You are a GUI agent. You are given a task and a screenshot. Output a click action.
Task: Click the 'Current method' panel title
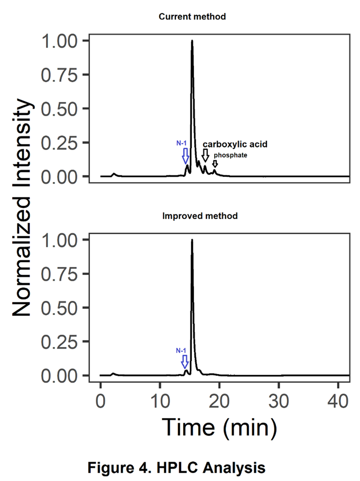tap(192, 17)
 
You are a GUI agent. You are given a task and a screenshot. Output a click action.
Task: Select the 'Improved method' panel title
tap(200, 216)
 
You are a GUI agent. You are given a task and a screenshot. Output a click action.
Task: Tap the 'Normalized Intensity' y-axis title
tap(23, 208)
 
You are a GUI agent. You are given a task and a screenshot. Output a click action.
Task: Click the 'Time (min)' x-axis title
tap(219, 427)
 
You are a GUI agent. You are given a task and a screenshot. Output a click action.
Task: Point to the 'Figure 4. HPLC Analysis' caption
tap(176, 468)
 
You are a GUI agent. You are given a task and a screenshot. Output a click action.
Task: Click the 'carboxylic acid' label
tap(235, 144)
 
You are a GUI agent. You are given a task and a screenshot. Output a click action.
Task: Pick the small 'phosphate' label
tap(231, 155)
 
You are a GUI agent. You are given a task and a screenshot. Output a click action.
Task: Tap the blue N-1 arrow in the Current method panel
tap(185, 155)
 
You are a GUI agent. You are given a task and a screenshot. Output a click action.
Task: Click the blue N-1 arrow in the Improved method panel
tap(185, 361)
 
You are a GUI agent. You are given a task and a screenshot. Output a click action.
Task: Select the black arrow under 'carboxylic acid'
tap(205, 155)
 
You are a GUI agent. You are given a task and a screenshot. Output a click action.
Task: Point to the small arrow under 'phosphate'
tap(215, 164)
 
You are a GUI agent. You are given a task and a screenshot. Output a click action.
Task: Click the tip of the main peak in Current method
tap(192, 41)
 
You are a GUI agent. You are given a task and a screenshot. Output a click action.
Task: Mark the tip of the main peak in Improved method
tap(192, 240)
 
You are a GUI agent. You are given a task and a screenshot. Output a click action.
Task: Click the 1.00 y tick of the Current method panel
tap(61, 41)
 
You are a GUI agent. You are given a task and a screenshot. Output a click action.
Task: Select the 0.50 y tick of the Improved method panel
tap(61, 308)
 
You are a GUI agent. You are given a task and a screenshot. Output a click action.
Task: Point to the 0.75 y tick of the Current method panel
tap(61, 75)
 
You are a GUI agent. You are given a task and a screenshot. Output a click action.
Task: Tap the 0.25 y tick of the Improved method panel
tap(61, 341)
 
